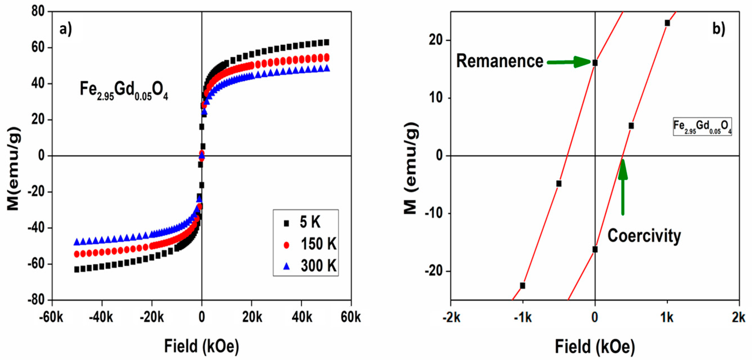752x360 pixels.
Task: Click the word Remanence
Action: tap(499, 61)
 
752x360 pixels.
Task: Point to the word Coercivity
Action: tap(644, 235)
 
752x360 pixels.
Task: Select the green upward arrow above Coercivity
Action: tap(623, 187)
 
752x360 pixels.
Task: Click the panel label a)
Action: tap(65, 29)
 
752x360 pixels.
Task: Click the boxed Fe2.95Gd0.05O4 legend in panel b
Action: tap(702, 127)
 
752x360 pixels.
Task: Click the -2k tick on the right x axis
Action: tap(451, 317)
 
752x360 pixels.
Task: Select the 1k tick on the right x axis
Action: tap(667, 317)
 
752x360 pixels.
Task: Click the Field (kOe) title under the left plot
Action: tap(201, 346)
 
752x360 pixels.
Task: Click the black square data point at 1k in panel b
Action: tap(667, 23)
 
